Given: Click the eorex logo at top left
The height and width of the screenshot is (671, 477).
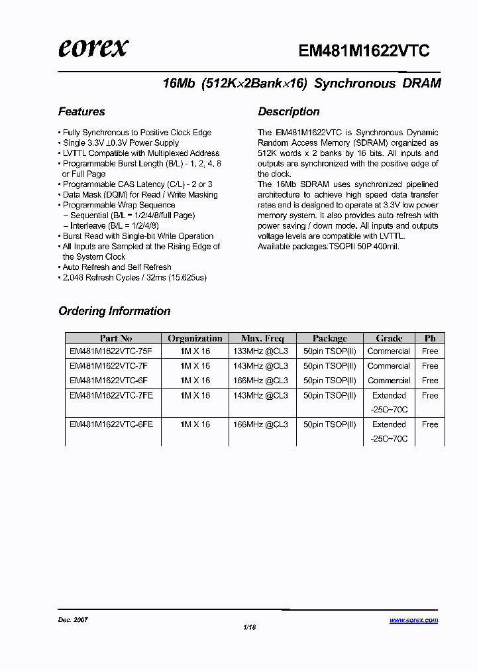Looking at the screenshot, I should [x=93, y=48].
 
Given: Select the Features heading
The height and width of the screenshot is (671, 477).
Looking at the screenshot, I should [x=81, y=111].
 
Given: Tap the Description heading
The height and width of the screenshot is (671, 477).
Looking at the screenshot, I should [x=288, y=111].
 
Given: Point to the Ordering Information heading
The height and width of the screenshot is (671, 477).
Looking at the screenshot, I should [x=114, y=311].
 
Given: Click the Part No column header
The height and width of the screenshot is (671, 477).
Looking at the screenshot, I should [x=115, y=338].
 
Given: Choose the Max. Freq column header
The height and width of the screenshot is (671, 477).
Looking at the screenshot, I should [x=260, y=338].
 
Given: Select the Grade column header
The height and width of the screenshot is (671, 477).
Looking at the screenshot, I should [x=389, y=338].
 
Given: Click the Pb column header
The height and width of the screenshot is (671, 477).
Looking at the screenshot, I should [x=430, y=338].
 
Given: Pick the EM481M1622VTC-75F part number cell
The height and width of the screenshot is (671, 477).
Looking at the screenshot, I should [x=111, y=351].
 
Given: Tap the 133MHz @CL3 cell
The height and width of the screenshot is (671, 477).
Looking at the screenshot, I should [x=260, y=351].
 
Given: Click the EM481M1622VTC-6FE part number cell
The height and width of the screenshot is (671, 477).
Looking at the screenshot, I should [x=111, y=424].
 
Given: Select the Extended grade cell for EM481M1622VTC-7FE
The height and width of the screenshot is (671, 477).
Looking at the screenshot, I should [x=389, y=395].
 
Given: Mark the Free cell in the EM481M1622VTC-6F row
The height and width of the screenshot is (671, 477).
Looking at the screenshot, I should [x=430, y=381].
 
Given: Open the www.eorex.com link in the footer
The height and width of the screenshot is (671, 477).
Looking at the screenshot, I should [x=413, y=621].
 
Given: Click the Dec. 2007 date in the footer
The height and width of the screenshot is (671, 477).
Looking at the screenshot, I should [x=73, y=620].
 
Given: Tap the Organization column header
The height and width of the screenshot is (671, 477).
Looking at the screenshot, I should [x=195, y=338].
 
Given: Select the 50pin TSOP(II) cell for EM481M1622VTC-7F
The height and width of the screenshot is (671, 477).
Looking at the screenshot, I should [x=329, y=366].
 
